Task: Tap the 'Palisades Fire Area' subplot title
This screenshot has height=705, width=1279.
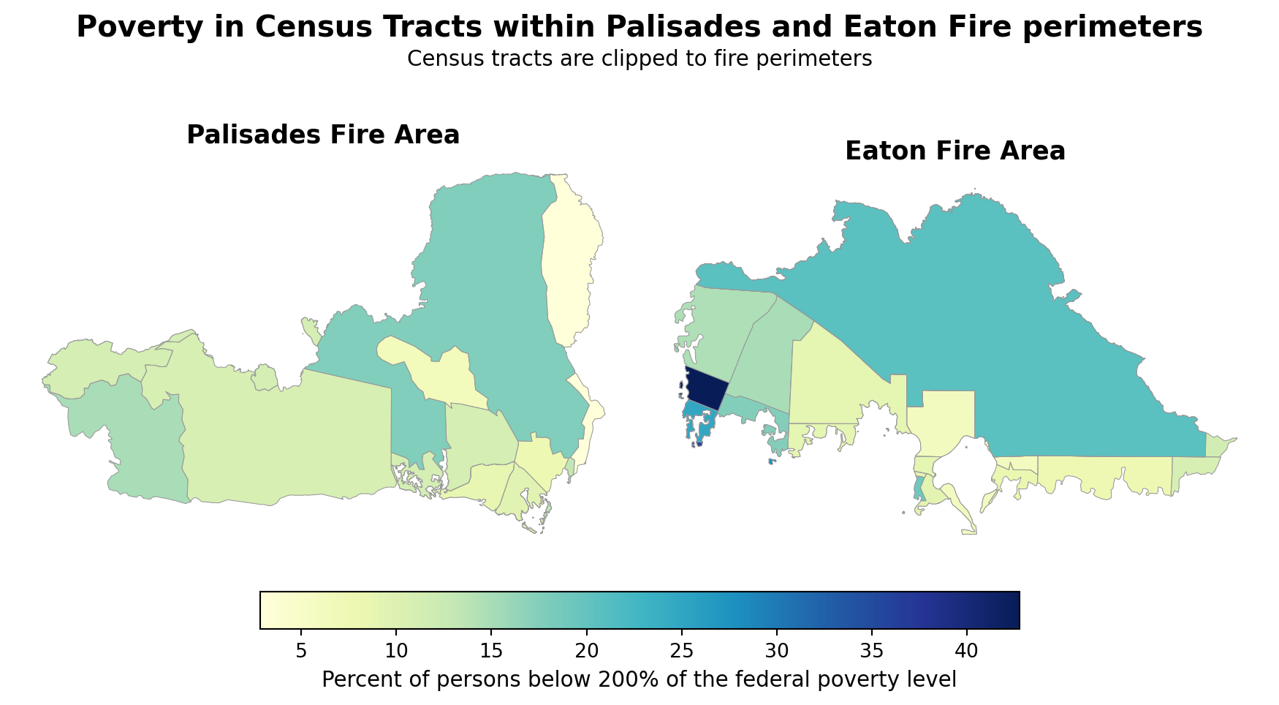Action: tap(323, 135)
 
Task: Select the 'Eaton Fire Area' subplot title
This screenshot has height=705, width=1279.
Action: tap(954, 151)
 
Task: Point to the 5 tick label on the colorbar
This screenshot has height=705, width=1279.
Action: tap(300, 650)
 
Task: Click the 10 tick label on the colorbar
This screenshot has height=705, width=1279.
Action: tap(395, 650)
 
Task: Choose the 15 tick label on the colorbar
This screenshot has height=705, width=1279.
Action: tap(490, 650)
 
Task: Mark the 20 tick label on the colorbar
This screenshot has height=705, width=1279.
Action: tap(586, 650)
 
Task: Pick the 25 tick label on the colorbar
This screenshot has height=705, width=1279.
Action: tap(681, 650)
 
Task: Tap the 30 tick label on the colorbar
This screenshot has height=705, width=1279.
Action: tap(776, 650)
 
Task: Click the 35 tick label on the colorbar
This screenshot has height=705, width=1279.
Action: tap(871, 650)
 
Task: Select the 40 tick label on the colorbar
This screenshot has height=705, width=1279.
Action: tap(967, 650)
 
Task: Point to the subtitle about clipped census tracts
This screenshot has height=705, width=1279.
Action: tap(639, 59)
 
